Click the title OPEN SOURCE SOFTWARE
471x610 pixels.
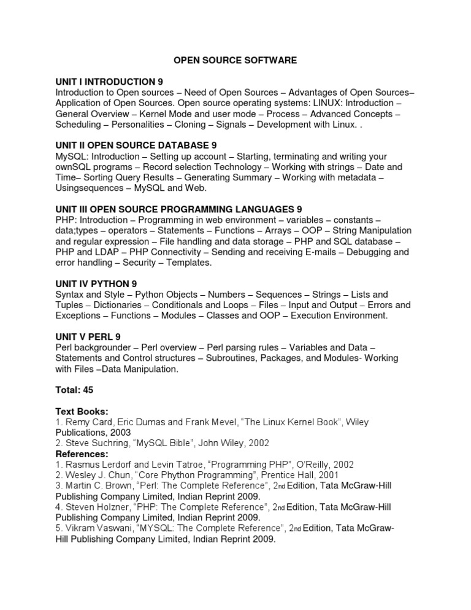[x=235, y=61]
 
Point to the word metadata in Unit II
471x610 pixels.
[x=361, y=177]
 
